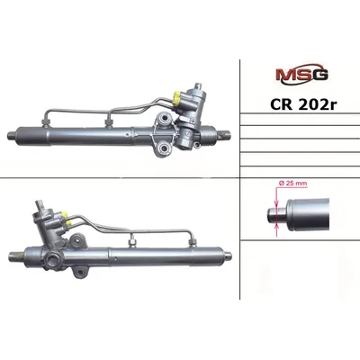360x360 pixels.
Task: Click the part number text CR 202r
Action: pos(303,104)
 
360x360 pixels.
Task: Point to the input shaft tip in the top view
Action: pos(198,85)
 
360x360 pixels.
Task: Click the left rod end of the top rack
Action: pos(12,136)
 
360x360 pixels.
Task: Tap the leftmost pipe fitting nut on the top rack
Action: pos(45,121)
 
